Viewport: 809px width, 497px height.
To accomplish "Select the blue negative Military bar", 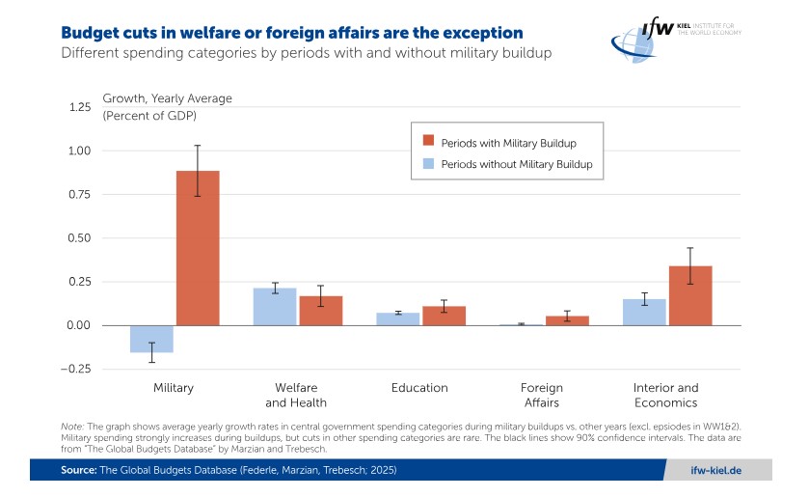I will (x=151, y=339).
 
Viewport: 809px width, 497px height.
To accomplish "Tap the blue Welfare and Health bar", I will (x=275, y=307).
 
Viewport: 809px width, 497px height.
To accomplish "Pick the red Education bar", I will (x=443, y=316).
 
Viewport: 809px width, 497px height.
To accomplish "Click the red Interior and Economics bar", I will (x=689, y=295).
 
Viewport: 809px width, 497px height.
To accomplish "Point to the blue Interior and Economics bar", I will (x=644, y=313).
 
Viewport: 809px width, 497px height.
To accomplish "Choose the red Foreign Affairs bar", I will (x=566, y=320).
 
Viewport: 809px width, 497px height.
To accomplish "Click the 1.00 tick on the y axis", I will (x=76, y=151).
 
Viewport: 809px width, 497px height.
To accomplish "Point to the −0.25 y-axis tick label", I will (x=73, y=369).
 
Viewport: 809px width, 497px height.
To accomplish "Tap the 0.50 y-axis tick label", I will (x=76, y=238).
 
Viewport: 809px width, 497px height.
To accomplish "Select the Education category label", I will (x=419, y=388).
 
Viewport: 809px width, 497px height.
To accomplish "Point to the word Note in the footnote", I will (x=71, y=426).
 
